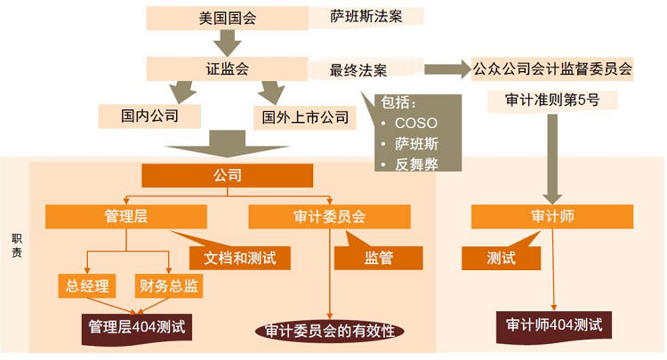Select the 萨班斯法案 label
pos(366,16)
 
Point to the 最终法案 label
pos(358,69)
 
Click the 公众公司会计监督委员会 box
pos(552,68)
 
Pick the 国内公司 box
pos(150,116)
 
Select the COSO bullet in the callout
pos(415,123)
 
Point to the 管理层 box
pos(126,216)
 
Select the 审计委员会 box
pos(329,216)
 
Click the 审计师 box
pos(553,216)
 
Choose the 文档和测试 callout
pos(233,258)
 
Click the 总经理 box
pos(87,285)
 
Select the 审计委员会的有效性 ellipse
pos(329,331)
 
